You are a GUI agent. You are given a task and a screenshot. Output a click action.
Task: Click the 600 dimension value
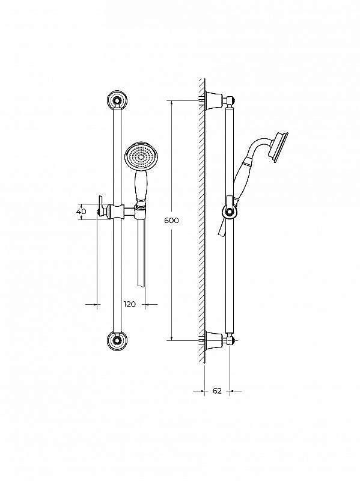(x=171, y=220)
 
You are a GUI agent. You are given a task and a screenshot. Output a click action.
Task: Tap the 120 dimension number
(x=130, y=304)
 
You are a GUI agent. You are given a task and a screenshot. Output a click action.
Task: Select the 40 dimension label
(x=82, y=212)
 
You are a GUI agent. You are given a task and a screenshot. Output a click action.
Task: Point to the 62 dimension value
(x=217, y=391)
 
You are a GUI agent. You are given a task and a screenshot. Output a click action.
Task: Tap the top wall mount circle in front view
(x=117, y=100)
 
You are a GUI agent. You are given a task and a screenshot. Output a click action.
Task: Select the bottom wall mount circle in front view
(x=117, y=340)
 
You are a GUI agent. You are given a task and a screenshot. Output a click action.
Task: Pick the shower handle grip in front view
(x=142, y=185)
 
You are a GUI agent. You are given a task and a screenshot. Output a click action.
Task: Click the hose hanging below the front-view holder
(x=141, y=253)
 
